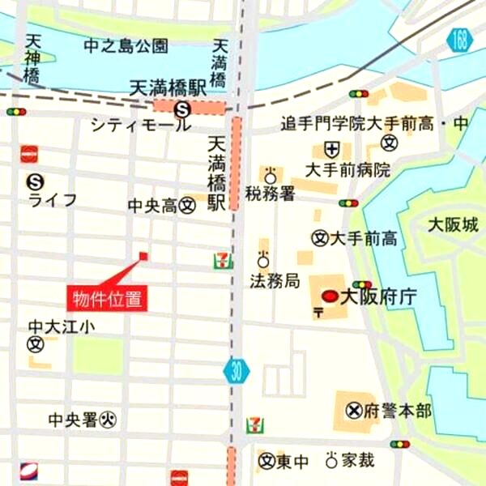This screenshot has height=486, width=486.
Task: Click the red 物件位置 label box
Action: [106, 297]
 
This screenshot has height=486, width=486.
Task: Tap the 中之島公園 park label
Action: [126, 46]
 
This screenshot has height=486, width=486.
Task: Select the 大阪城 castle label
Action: [453, 224]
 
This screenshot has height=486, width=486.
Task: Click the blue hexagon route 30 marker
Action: [237, 371]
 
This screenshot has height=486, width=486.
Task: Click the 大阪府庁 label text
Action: [377, 296]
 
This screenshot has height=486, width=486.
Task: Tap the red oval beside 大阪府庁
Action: [330, 296]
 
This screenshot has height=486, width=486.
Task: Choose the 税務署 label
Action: [269, 194]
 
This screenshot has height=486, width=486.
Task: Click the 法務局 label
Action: [275, 282]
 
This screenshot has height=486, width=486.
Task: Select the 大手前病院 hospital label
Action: [347, 170]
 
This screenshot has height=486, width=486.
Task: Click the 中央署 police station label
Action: [72, 420]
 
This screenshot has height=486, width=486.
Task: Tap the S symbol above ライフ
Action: [34, 181]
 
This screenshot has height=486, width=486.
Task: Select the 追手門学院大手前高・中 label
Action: [374, 124]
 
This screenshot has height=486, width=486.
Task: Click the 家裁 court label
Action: [357, 460]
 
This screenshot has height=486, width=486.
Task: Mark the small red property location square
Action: [143, 256]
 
